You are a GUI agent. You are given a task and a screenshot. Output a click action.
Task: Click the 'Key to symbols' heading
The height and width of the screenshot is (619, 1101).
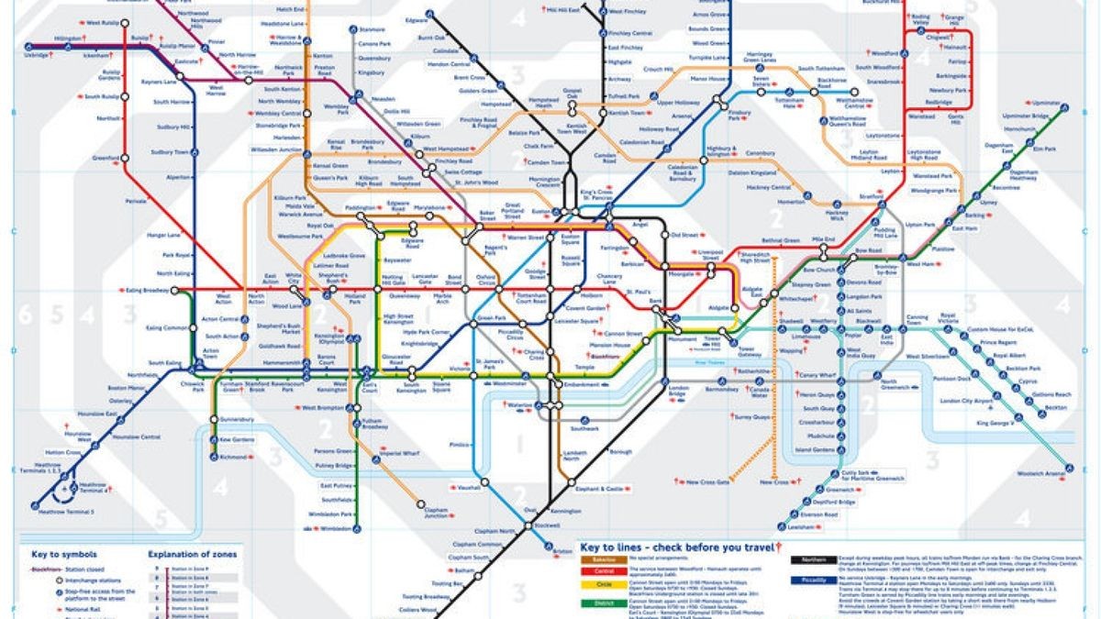pos(63,554)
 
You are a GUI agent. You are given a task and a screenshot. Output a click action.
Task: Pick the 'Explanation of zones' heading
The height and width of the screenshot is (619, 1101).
pos(193,554)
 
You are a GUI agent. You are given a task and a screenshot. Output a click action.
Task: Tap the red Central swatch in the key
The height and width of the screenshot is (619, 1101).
pos(598,569)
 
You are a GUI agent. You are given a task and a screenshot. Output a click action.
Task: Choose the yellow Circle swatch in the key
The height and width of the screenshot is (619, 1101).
pos(598,583)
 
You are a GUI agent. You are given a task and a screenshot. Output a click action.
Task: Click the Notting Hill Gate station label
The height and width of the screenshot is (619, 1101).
pos(392,280)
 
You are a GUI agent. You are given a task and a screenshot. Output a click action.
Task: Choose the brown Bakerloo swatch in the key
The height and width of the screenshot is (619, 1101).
pos(598,556)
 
